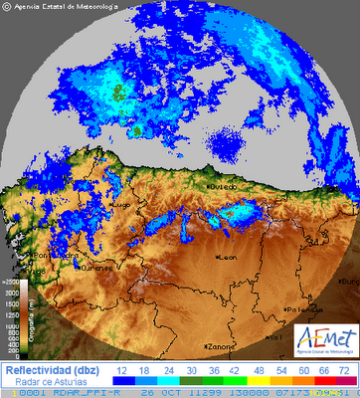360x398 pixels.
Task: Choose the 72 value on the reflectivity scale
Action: [x=342, y=368]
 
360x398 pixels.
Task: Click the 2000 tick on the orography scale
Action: [x=12, y=293]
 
